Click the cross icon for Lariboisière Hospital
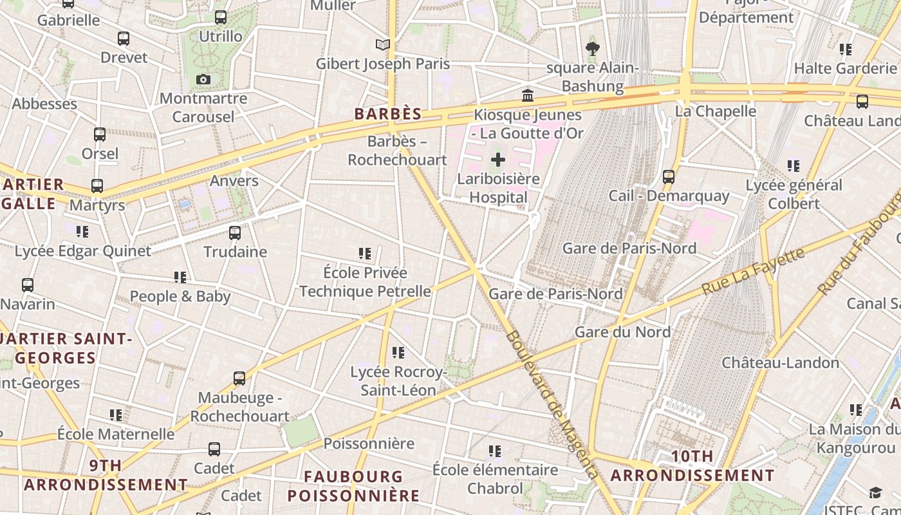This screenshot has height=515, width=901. pyautogui.click(x=498, y=160)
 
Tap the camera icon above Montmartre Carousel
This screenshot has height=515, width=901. pyautogui.click(x=203, y=79)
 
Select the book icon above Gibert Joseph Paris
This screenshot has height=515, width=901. pyautogui.click(x=383, y=44)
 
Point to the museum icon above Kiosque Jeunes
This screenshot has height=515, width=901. pyautogui.click(x=528, y=96)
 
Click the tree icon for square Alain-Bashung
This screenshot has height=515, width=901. pyautogui.click(x=592, y=48)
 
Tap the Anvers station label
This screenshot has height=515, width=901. pyautogui.click(x=234, y=181)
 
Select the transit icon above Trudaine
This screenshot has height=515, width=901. pyautogui.click(x=235, y=232)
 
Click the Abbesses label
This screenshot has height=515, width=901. pyautogui.click(x=44, y=104)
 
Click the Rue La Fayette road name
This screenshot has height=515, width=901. pyautogui.click(x=753, y=271)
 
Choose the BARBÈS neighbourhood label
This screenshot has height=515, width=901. pyautogui.click(x=388, y=115)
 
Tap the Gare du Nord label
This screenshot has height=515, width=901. pyautogui.click(x=622, y=332)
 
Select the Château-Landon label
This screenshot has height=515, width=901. pyautogui.click(x=780, y=362)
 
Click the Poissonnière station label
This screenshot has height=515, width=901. pyautogui.click(x=369, y=444)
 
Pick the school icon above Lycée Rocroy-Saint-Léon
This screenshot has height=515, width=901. pyautogui.click(x=398, y=353)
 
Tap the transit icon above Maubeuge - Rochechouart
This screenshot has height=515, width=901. pyautogui.click(x=239, y=379)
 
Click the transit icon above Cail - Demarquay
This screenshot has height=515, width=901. pyautogui.click(x=669, y=176)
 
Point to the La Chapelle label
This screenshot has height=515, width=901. pyautogui.click(x=715, y=111)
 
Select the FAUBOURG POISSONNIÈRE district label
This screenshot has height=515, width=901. pyautogui.click(x=353, y=486)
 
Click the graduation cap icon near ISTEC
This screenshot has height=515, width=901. pyautogui.click(x=875, y=492)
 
